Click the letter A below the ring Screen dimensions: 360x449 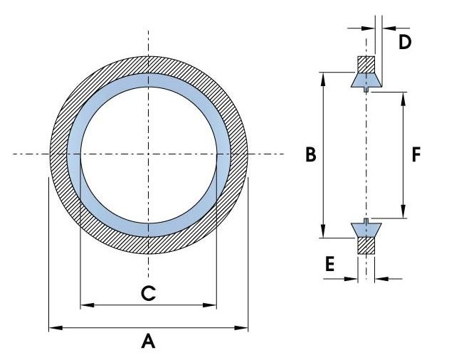click(x=148, y=342)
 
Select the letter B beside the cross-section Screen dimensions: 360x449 click(x=310, y=155)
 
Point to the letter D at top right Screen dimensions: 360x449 click(x=404, y=42)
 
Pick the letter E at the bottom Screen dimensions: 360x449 click(x=329, y=265)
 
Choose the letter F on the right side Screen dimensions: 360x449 click(x=417, y=154)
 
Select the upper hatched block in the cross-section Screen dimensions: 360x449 click(x=365, y=64)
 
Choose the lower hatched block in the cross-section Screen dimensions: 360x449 click(x=365, y=245)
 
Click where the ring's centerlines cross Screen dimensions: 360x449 click(x=148, y=154)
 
